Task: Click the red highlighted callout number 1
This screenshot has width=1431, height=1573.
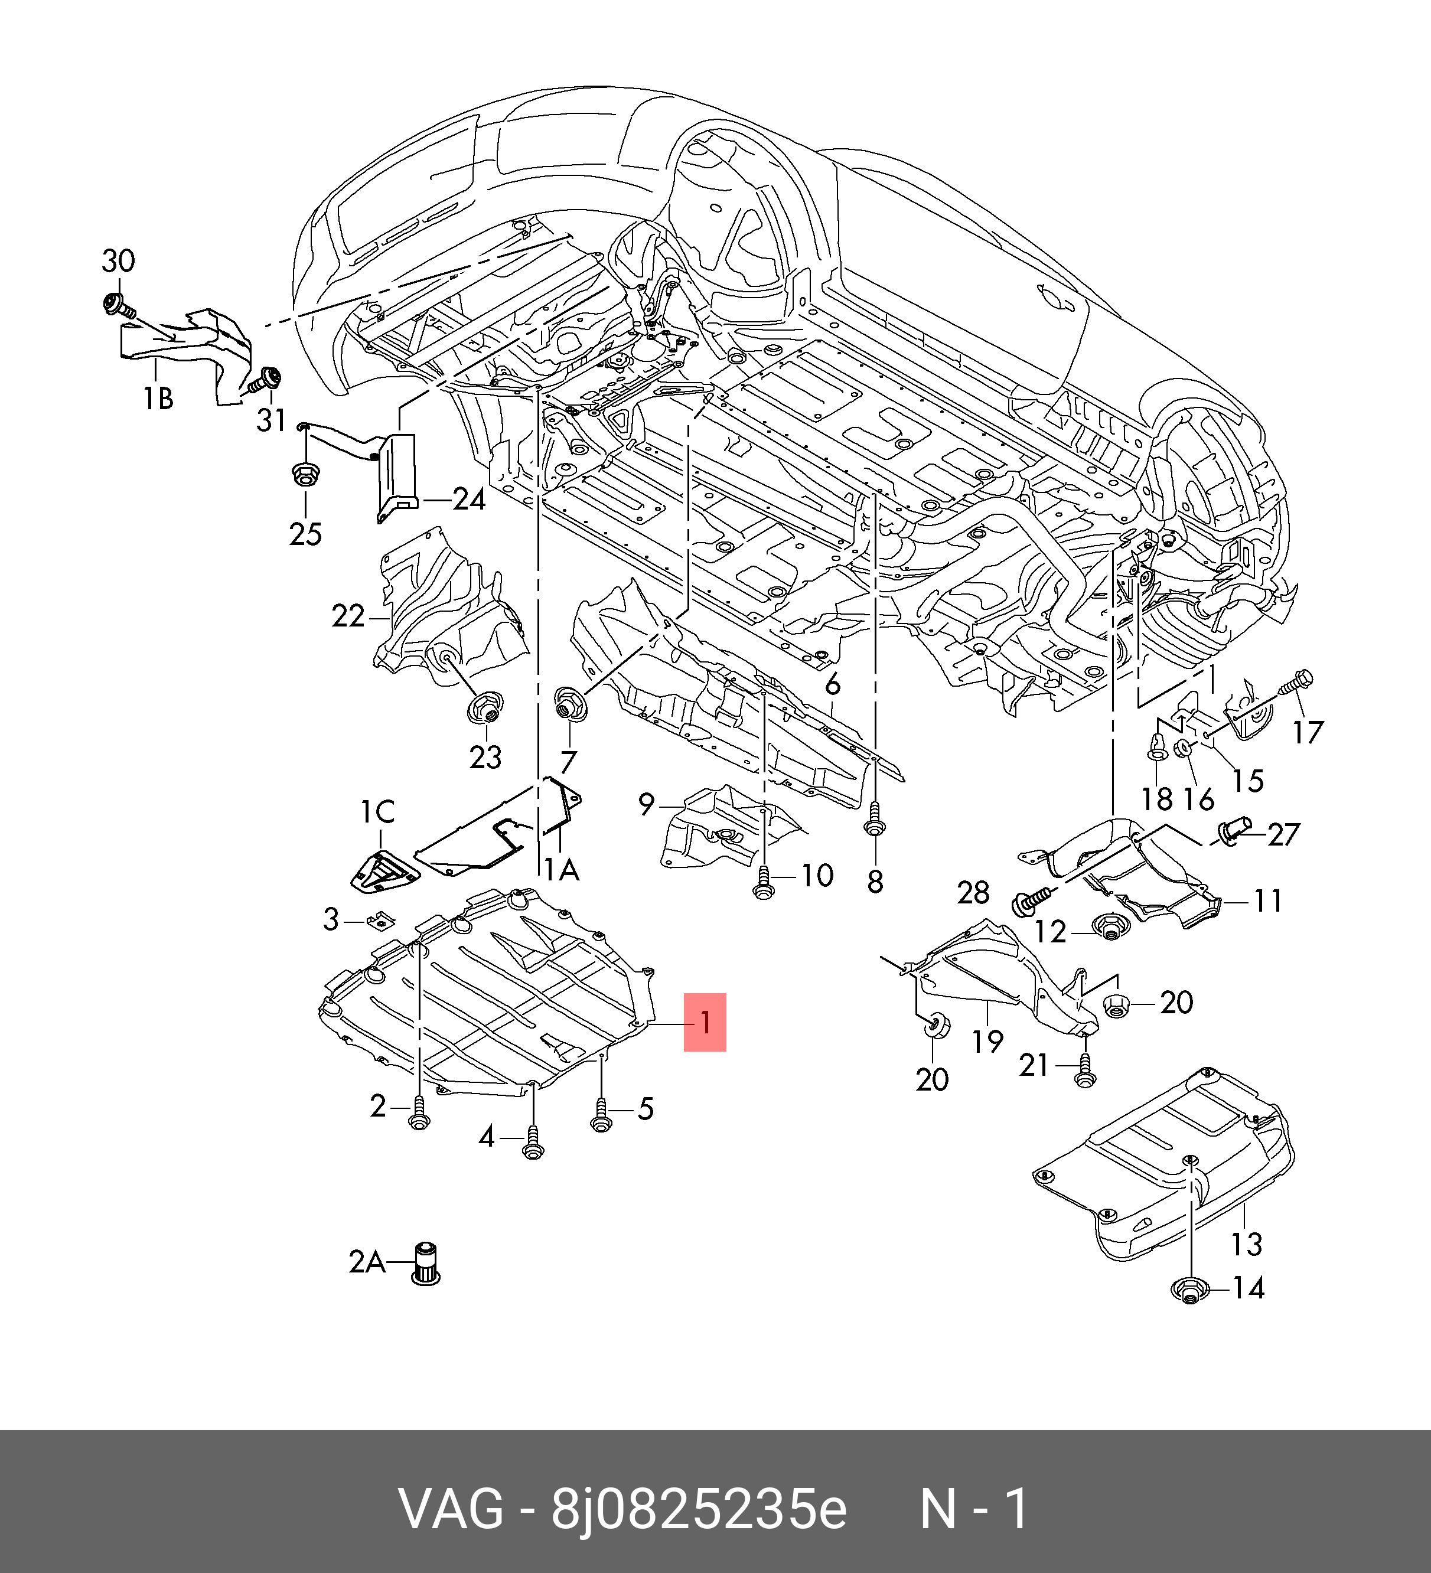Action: click(705, 1022)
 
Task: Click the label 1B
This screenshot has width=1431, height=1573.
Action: click(158, 399)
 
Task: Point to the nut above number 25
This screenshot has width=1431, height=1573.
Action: click(304, 474)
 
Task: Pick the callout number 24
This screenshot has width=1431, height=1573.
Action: click(469, 500)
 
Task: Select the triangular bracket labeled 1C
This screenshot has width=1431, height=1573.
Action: click(382, 869)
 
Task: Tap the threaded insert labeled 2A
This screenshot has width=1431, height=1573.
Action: click(425, 1262)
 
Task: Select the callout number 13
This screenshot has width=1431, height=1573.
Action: click(1246, 1244)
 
